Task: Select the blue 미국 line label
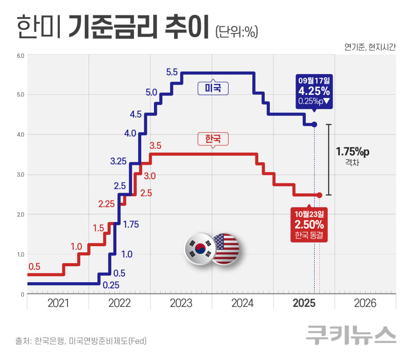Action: pos(213,88)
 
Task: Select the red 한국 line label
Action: pos(213,139)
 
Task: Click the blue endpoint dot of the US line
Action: pos(314,125)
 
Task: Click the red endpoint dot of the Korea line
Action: pos(319,195)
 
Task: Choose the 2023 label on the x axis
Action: pos(181,303)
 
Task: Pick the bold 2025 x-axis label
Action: pos(304,303)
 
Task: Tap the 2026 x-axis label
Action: pos(365,303)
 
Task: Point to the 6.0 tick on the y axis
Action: pos(19,55)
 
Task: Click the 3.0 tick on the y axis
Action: pos(19,175)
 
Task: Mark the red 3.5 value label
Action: pos(155,146)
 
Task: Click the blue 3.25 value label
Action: pos(118,161)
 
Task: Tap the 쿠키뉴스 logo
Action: pos(351,335)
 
